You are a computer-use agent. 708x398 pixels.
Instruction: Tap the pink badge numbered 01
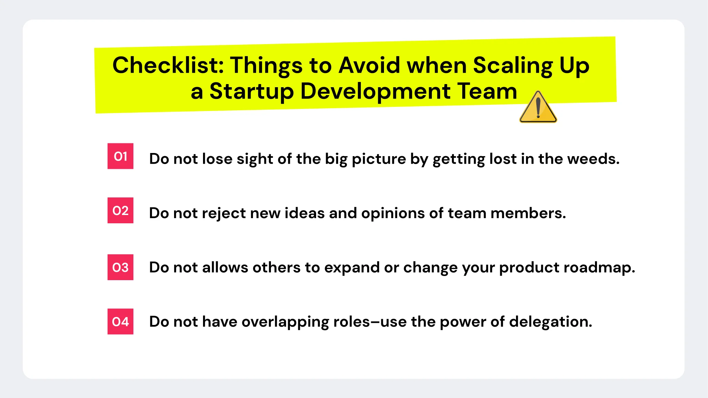[120, 156]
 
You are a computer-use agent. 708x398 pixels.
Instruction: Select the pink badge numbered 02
[120, 211]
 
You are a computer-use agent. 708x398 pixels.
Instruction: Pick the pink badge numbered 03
[120, 267]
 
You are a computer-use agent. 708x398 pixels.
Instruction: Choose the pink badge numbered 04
[120, 322]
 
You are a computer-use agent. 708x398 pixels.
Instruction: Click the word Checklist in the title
[169, 65]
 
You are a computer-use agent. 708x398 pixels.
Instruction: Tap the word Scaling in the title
[513, 66]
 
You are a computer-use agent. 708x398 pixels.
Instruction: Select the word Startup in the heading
[252, 92]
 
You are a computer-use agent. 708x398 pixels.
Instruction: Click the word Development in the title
[375, 92]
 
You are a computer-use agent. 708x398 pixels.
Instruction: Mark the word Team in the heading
[487, 91]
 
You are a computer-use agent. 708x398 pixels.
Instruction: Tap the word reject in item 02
[224, 213]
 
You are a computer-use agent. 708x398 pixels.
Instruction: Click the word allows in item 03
[225, 267]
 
